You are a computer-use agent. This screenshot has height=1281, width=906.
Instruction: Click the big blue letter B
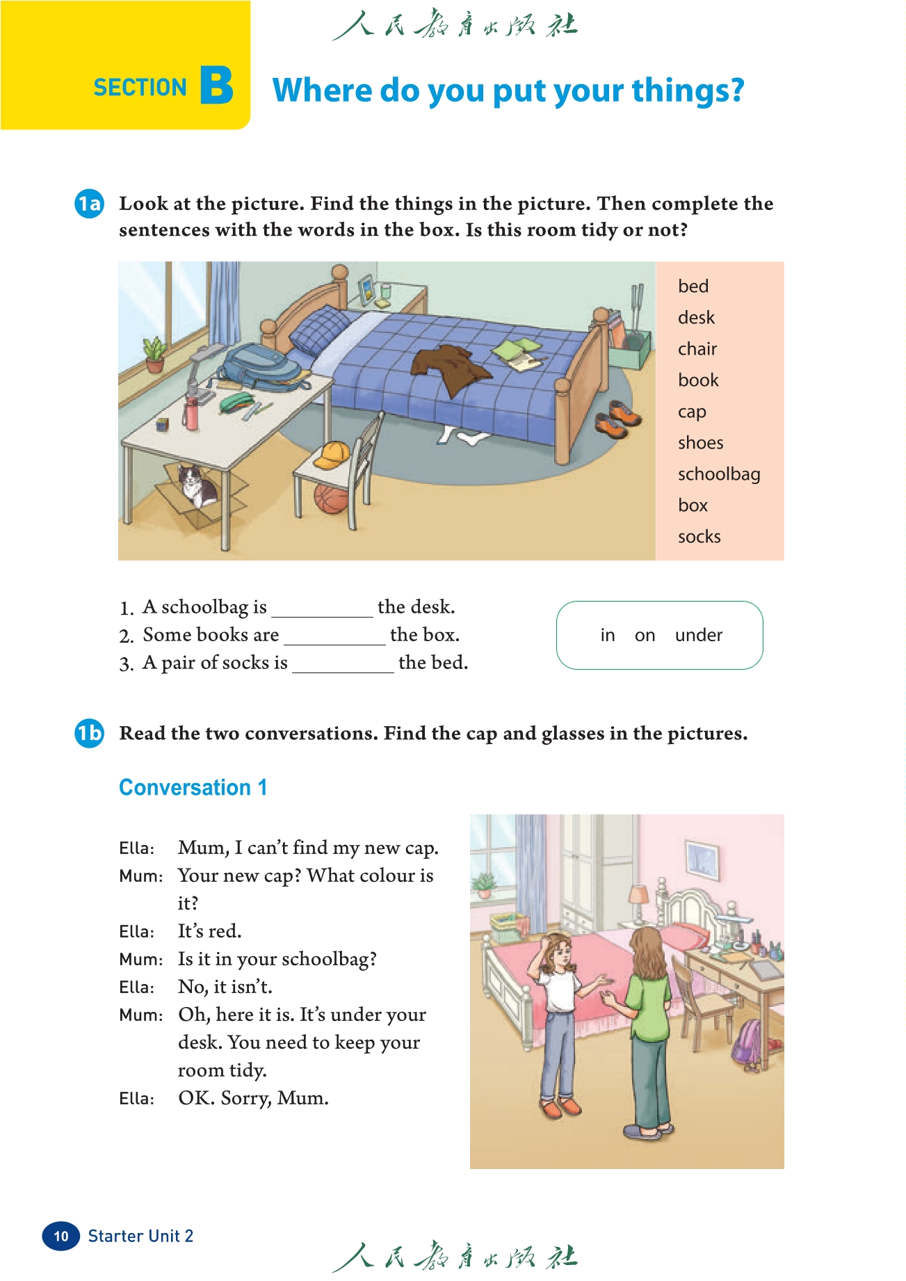point(216,86)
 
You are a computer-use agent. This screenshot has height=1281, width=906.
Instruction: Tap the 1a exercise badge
point(89,203)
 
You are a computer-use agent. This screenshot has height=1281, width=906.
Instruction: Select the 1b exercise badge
point(89,733)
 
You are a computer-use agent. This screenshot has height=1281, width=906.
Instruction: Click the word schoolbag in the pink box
point(718,474)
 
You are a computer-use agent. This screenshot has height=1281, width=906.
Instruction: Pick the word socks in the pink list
point(699,537)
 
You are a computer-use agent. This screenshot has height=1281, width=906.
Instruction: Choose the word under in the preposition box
point(698,635)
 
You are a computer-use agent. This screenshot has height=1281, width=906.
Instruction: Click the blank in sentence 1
point(322,608)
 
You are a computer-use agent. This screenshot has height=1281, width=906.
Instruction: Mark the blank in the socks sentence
point(343,663)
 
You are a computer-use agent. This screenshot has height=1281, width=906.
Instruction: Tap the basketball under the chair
point(330,498)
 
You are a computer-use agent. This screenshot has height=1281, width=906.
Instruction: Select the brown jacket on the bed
point(448,366)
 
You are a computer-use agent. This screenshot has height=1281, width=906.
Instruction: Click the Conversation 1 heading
point(193,787)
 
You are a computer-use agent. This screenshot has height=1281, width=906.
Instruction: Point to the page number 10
point(61,1236)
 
